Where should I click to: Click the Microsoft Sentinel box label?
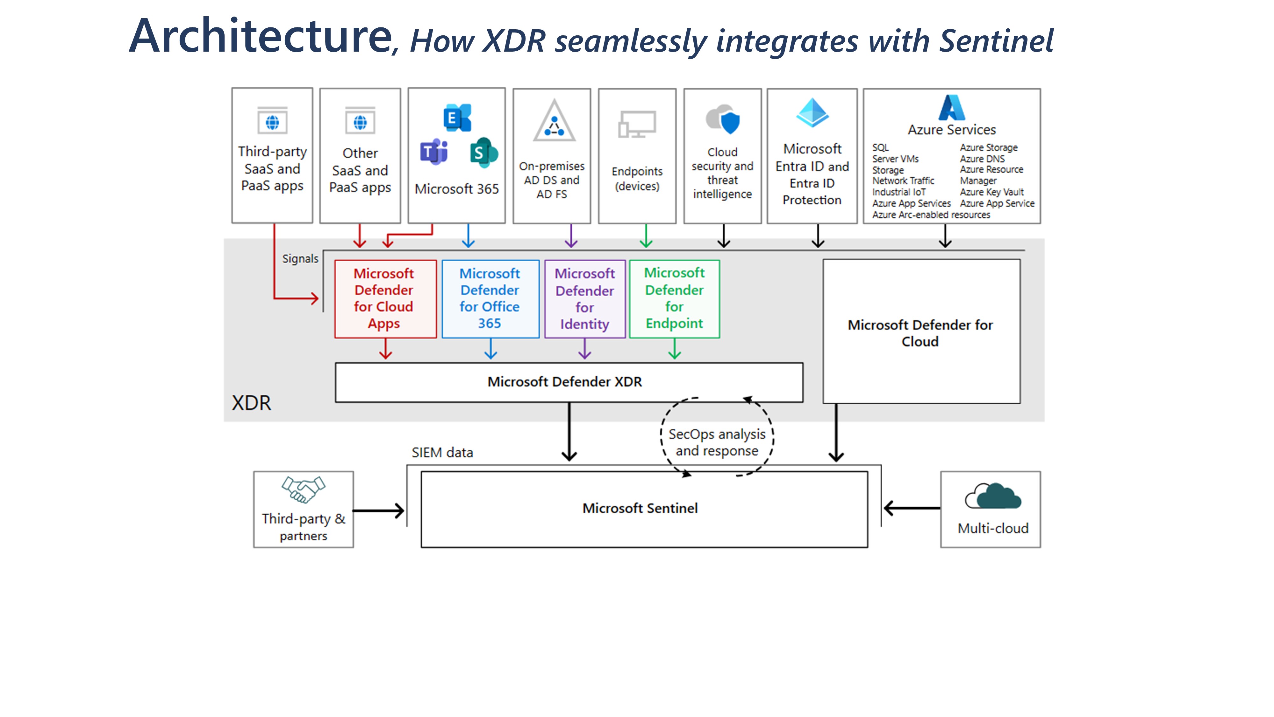[x=640, y=508]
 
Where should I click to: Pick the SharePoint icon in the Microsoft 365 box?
[x=483, y=152]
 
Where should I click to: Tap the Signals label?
[x=300, y=259]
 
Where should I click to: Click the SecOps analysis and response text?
[x=717, y=442]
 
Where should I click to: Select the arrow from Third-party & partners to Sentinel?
[x=379, y=510]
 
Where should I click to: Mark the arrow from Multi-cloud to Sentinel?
[x=912, y=508]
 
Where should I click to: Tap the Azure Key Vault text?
[x=991, y=192]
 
